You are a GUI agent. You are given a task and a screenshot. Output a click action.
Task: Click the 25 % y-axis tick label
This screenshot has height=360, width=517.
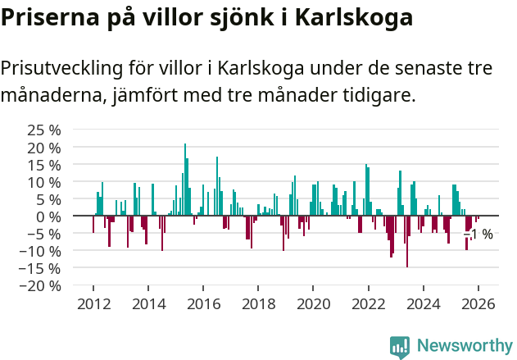point(44,130)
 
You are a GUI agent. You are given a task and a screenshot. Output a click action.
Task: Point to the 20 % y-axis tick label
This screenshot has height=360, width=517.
point(44,148)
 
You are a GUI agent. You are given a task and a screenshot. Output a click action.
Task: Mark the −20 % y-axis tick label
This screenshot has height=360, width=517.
point(41,285)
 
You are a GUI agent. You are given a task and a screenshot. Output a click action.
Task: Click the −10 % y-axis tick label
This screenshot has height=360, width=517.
point(41,251)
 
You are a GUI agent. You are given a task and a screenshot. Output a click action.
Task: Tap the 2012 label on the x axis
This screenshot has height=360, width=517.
point(93,304)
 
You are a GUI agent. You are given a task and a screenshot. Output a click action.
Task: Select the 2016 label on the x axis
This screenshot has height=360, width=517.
point(203,304)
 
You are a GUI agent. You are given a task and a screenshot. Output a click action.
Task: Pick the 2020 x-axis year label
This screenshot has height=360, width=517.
point(313,304)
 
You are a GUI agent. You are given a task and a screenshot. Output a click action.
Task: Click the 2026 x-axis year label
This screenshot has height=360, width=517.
point(478,304)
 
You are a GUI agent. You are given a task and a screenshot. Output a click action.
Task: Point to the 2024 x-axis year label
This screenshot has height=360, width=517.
point(423,304)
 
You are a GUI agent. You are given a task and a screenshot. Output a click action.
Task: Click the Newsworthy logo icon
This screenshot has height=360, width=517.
point(400,346)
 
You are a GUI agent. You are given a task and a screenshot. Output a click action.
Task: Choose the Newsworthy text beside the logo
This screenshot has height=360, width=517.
point(464,346)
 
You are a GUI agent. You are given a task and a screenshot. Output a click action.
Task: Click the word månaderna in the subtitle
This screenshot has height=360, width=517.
point(51,96)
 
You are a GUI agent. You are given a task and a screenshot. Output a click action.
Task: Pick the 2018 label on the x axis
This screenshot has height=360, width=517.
point(258,304)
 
